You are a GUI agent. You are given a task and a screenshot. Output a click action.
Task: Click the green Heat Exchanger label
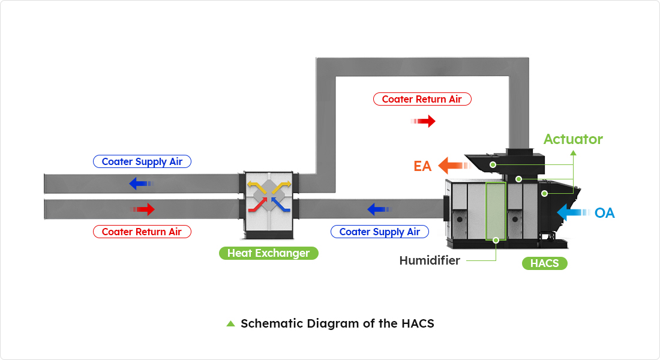coord(268,253)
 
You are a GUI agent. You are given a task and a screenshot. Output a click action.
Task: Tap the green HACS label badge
coord(544,263)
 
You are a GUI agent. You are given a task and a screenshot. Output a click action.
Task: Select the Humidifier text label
coord(430,260)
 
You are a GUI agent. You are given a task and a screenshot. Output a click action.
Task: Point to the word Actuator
coord(573,139)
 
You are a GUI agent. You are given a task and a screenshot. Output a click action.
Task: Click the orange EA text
coord(422,166)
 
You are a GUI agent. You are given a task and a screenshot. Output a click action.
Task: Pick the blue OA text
coord(604,213)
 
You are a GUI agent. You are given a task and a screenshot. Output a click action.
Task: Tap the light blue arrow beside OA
coord(572,212)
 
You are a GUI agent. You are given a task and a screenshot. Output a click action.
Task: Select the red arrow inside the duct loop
coord(424,122)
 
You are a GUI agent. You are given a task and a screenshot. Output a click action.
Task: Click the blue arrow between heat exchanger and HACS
coord(379,209)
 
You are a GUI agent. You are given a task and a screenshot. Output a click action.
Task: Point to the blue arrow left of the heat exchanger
coord(141,183)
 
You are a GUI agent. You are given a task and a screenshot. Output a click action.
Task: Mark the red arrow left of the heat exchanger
coord(144,209)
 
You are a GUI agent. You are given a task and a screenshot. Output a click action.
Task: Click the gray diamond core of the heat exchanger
coord(269,196)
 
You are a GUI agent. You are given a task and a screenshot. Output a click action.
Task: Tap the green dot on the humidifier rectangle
coord(496,239)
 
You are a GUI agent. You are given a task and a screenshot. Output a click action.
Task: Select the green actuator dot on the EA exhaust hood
coord(493,164)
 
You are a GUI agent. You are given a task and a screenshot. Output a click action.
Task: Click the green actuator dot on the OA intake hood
coord(545,193)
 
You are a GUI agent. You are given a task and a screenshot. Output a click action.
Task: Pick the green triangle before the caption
coord(230,323)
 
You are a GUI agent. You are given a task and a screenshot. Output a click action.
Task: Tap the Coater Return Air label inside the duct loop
coord(422,99)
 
